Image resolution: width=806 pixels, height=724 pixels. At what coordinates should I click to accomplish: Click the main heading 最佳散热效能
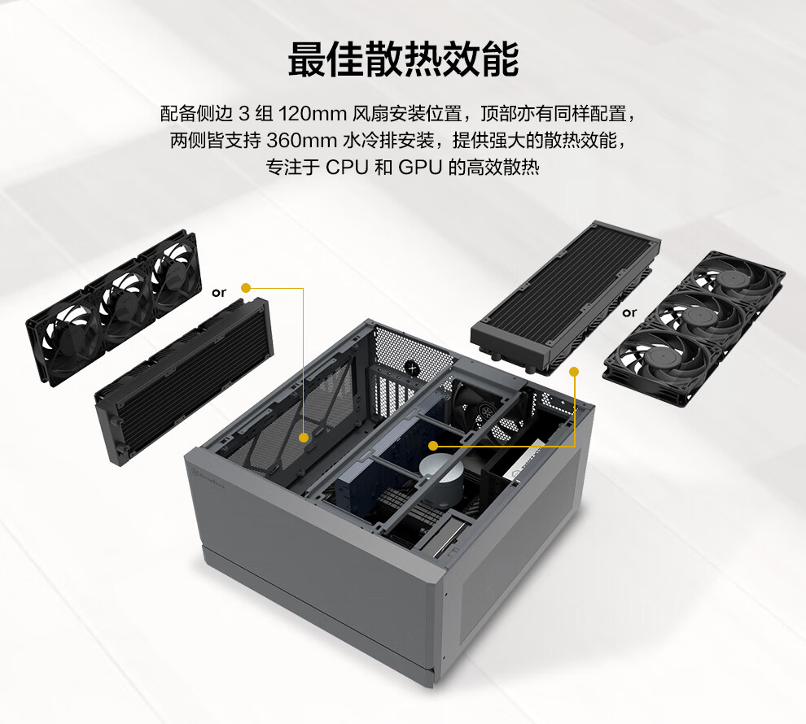coord(403,59)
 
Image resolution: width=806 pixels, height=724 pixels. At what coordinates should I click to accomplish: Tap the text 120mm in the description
coord(313,113)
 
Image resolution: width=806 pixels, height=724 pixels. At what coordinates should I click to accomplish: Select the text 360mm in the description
coord(301,141)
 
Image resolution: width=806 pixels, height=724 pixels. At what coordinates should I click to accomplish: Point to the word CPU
coord(347,168)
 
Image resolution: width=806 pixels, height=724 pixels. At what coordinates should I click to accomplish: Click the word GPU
coord(419,168)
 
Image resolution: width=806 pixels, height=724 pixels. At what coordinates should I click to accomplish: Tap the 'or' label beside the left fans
coord(219,293)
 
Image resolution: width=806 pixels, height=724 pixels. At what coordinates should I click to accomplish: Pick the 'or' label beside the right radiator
coord(629,312)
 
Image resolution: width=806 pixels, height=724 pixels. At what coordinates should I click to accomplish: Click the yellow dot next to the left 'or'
coord(246,288)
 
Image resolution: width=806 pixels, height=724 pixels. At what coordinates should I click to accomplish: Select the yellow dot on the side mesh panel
coord(304,438)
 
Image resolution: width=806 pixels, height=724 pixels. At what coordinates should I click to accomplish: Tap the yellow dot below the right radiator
coord(574,371)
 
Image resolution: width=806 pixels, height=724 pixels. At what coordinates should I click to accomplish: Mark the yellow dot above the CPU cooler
coord(433,446)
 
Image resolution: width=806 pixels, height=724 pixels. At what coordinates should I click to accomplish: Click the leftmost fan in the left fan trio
coord(66,336)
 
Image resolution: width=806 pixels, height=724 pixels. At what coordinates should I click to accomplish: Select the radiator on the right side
coord(565,294)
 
